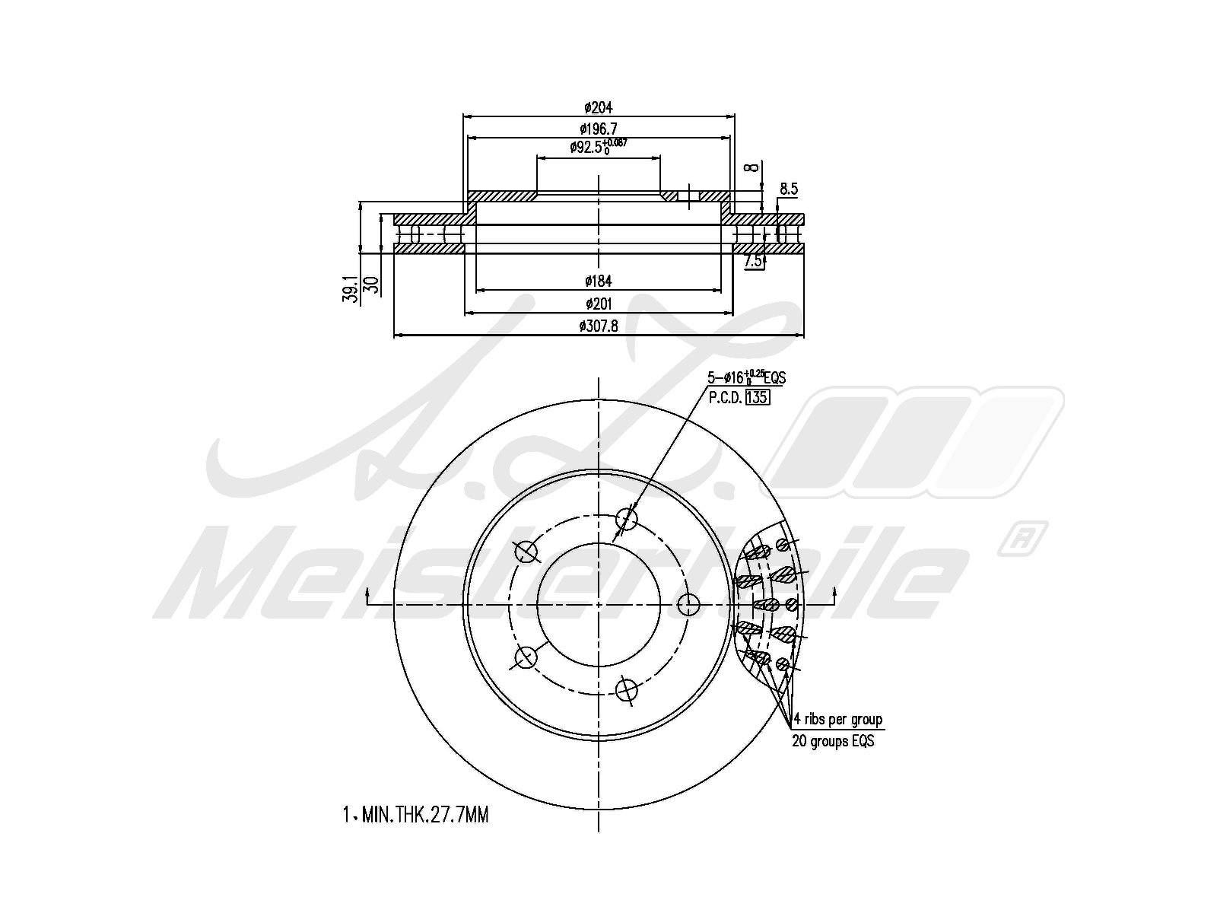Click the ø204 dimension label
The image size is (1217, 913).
(599, 107)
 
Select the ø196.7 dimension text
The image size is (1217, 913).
(599, 129)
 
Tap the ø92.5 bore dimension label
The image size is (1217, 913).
(598, 147)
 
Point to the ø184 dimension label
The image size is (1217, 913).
(599, 282)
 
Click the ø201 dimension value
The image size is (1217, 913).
(599, 304)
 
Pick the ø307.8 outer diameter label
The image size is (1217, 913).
(599, 326)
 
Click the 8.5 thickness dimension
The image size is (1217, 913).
(789, 189)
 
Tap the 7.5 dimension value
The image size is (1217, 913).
(753, 261)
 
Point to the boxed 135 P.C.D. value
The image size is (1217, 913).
(758, 397)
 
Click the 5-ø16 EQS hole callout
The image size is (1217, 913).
(747, 377)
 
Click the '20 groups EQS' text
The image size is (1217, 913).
(833, 741)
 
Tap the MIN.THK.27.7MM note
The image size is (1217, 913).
(416, 816)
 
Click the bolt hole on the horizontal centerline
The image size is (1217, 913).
(688, 605)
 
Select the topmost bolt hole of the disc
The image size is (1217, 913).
(626, 519)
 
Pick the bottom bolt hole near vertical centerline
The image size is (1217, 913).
(625, 689)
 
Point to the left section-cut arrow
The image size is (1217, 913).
(368, 596)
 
